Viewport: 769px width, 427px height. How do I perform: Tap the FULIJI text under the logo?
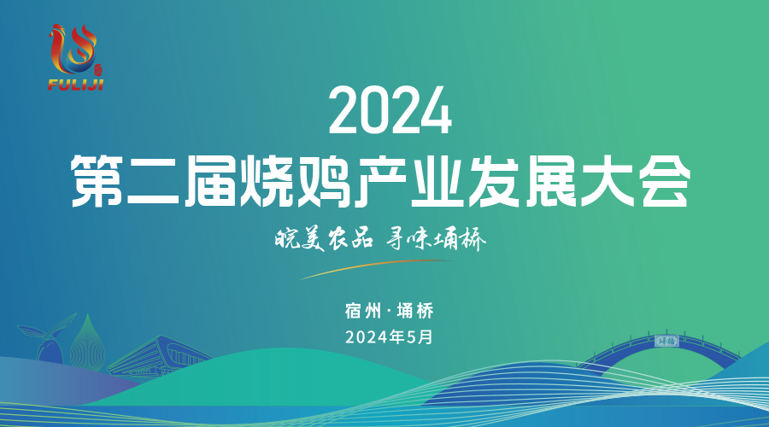(75, 85)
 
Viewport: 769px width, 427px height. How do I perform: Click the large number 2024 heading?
(390, 111)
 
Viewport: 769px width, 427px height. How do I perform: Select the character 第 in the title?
(97, 181)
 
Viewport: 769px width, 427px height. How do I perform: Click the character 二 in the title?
(153, 181)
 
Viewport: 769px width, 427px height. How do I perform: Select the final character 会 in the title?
(664, 181)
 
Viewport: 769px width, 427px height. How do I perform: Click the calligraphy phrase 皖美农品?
(323, 240)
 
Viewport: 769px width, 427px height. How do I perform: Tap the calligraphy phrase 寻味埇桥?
(436, 240)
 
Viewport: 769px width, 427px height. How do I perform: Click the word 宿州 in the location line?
(363, 311)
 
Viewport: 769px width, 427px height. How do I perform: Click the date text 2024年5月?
(390, 336)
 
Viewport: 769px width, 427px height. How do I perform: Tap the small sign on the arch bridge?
(666, 341)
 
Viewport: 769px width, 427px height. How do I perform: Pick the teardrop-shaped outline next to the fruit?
(87, 342)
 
